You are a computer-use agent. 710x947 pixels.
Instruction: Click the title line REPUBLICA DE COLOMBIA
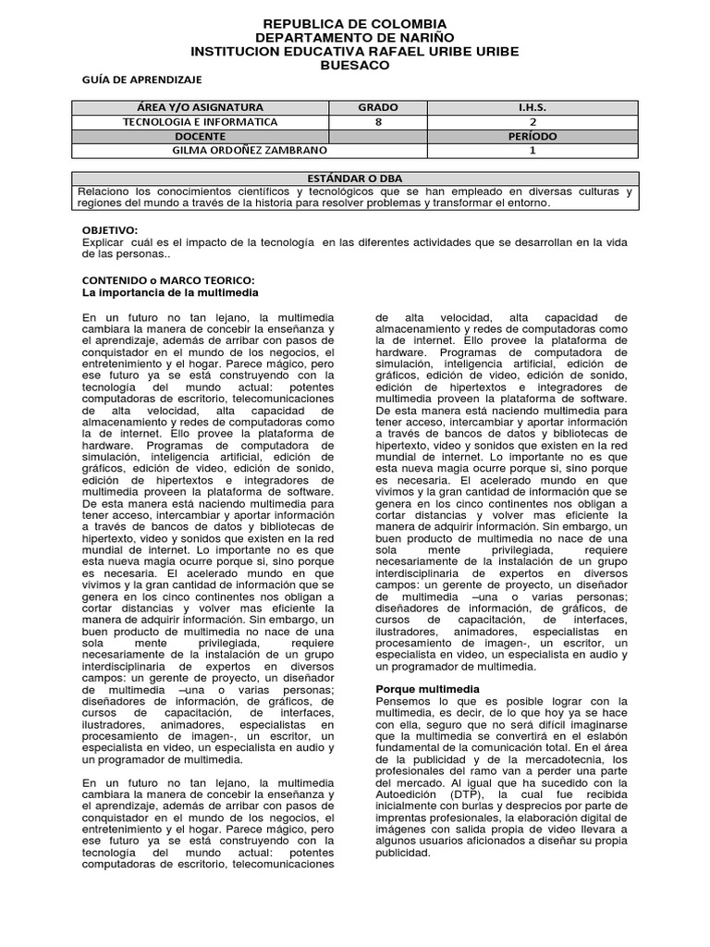(x=355, y=23)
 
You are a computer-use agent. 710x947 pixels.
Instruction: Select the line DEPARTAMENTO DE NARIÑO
(x=355, y=37)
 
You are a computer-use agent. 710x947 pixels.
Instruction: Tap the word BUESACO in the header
(x=355, y=66)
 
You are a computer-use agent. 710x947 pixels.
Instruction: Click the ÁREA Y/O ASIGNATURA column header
(x=200, y=107)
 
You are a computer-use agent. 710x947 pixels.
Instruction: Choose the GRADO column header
(x=378, y=107)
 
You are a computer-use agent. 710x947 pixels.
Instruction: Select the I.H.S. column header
(x=532, y=107)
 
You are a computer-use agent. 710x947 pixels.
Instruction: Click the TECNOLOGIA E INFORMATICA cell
(x=200, y=121)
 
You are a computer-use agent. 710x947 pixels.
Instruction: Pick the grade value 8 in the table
(x=378, y=121)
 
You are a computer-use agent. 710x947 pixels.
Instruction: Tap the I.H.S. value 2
(x=532, y=121)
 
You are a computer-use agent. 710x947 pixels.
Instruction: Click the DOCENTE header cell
(x=200, y=136)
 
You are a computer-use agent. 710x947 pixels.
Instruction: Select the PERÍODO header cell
(x=532, y=136)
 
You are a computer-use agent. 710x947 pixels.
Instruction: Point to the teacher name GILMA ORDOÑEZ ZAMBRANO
(x=250, y=150)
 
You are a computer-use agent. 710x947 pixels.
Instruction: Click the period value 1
(x=532, y=150)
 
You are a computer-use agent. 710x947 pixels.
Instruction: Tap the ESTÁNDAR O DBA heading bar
(x=355, y=178)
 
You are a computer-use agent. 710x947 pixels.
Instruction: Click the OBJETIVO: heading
(x=109, y=229)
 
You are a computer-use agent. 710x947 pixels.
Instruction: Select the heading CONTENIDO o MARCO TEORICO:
(x=167, y=279)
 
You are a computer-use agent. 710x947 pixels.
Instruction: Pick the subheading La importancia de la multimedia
(x=170, y=291)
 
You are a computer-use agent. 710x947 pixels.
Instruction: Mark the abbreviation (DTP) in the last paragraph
(x=472, y=794)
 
